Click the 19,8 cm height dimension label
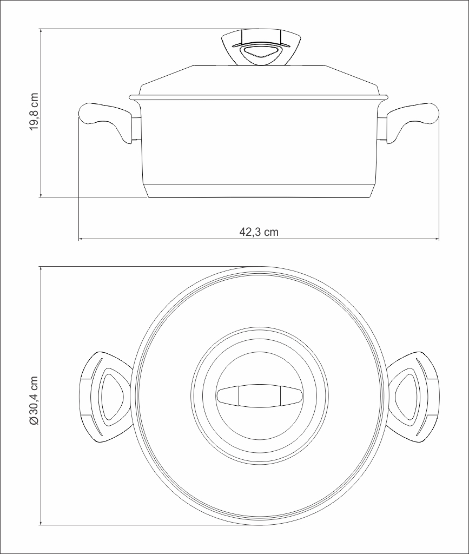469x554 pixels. (x=34, y=112)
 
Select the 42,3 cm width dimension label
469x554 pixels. (x=259, y=232)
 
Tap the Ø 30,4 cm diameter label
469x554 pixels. (x=34, y=401)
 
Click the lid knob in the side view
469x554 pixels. (x=261, y=48)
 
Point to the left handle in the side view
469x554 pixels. (x=106, y=120)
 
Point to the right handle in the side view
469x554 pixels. (x=412, y=120)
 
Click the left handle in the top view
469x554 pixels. (x=105, y=397)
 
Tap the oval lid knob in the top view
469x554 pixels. (x=260, y=395)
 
